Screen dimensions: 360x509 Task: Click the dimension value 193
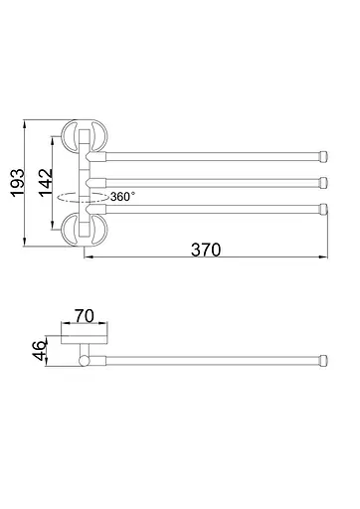click(18, 183)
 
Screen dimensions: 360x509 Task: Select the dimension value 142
click(46, 183)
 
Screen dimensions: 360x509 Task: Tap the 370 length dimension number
click(206, 250)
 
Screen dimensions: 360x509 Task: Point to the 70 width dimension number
click(85, 316)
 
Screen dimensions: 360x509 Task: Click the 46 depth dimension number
click(40, 350)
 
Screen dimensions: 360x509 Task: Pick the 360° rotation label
click(122, 197)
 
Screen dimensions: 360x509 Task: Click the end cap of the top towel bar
click(323, 156)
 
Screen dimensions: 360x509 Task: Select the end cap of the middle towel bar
click(324, 182)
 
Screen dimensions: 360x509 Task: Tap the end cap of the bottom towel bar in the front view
click(324, 209)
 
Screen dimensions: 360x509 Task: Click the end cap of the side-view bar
click(323, 361)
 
